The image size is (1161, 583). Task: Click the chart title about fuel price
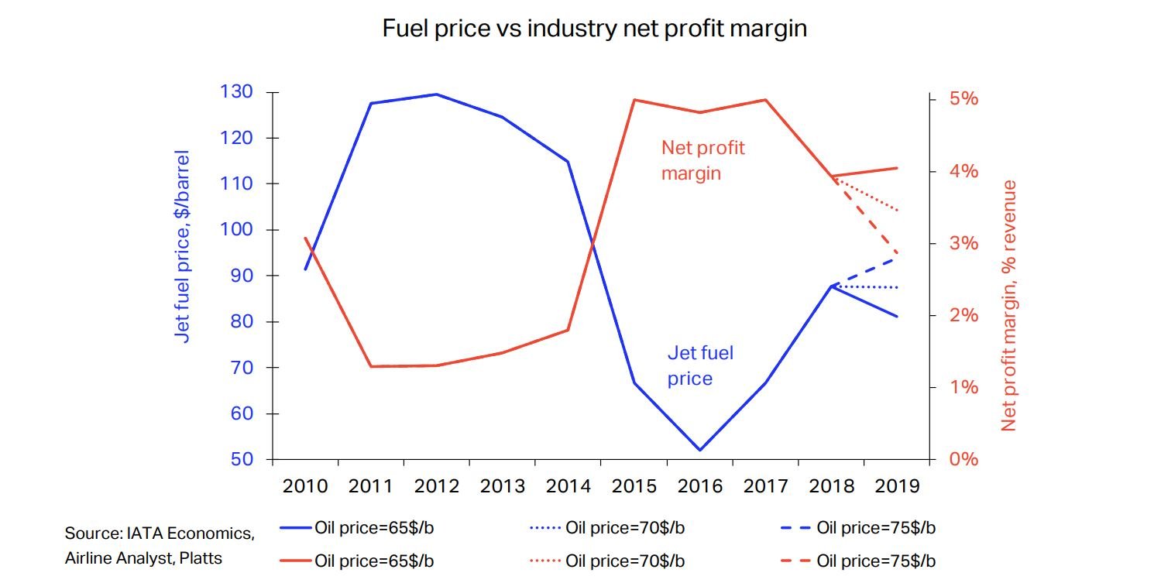[x=595, y=29]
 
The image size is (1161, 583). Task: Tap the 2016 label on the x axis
[x=700, y=486]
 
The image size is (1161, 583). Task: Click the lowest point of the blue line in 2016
[x=700, y=450]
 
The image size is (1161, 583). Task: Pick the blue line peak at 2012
[x=437, y=94]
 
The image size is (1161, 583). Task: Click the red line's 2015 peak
[x=634, y=100]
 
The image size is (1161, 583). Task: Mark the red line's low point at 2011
[x=371, y=366]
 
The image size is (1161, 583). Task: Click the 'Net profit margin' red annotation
[x=702, y=160]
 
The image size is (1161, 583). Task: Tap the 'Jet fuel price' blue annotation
[x=699, y=366]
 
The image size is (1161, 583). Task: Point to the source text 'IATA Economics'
[x=159, y=533]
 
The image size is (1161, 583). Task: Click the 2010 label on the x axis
[x=305, y=486]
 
